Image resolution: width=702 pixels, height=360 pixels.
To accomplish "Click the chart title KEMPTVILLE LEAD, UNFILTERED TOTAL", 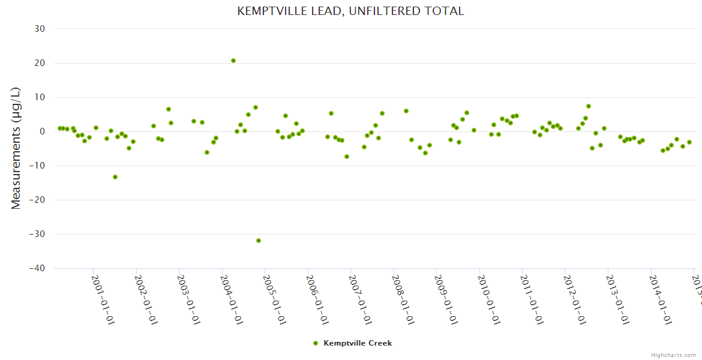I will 350,11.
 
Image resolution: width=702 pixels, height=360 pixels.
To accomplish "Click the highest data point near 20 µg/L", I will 233,61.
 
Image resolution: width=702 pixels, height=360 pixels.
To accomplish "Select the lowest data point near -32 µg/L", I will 259,241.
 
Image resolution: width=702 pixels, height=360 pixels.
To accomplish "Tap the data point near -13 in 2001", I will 115,177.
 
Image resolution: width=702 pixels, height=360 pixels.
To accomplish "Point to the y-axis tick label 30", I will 40,29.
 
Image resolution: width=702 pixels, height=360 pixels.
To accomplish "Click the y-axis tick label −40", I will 37,268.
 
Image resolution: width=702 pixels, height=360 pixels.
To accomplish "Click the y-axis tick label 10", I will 40,97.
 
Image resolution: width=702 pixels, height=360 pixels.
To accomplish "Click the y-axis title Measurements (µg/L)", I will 16,148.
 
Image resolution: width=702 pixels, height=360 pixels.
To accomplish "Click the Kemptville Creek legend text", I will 358,343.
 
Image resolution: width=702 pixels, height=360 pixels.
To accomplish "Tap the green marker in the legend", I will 316,343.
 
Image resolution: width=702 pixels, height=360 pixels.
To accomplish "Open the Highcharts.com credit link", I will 674,355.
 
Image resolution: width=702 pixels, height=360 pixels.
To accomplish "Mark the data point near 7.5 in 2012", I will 589,106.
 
